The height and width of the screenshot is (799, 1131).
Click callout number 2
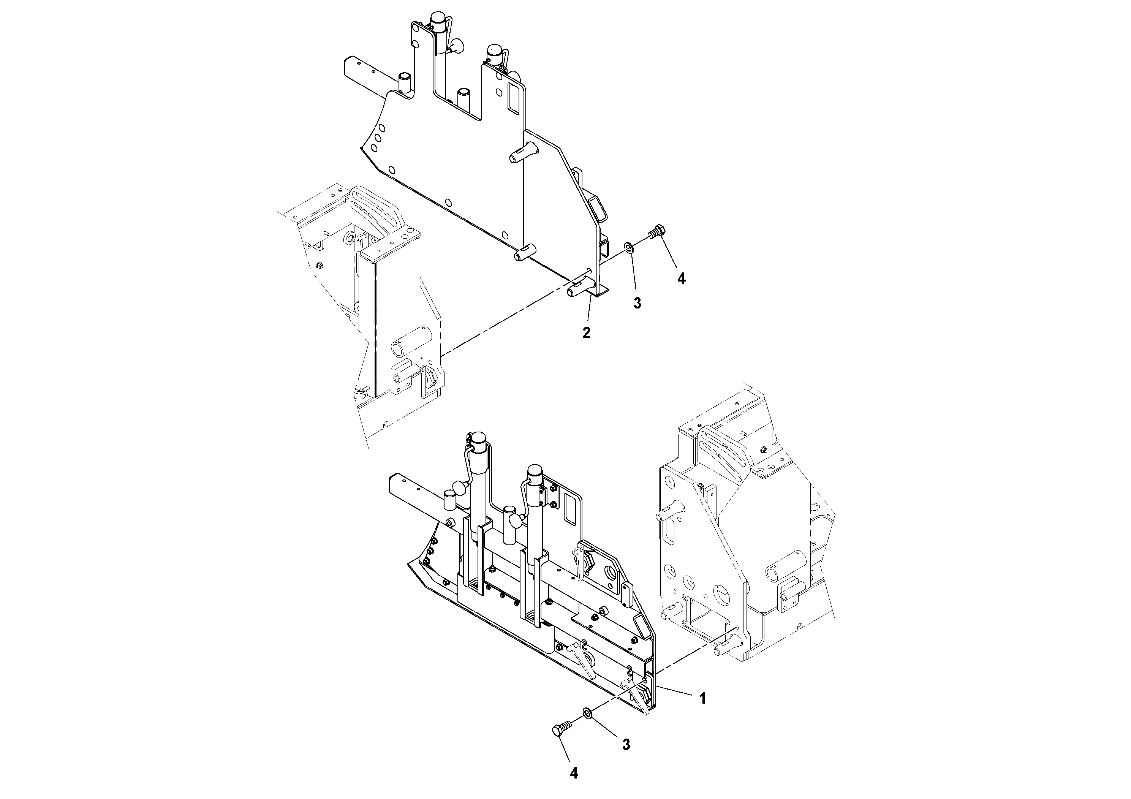point(586,333)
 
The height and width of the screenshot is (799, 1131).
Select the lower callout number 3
point(626,744)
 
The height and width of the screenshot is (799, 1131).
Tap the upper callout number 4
point(681,279)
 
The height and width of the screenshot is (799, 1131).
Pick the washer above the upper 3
point(628,246)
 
